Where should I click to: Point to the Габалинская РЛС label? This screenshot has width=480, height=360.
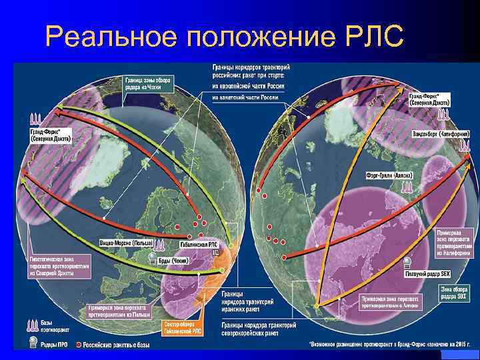coord(199,245)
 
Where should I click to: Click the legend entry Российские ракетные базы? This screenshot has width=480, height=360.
coord(113,345)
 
